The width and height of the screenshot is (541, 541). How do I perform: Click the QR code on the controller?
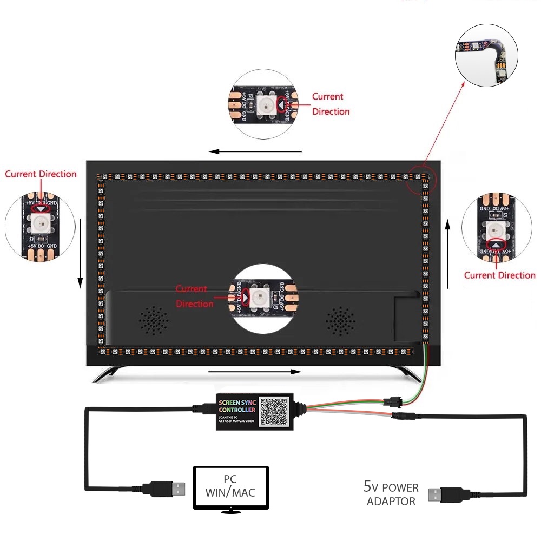(274, 412)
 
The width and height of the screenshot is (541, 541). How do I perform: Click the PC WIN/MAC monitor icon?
(231, 487)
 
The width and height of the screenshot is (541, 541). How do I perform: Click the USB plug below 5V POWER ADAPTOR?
(444, 494)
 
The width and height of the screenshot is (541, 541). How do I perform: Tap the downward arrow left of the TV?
(80, 253)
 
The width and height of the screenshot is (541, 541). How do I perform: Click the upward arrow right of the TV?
(448, 253)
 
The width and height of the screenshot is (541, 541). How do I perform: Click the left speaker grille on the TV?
(153, 320)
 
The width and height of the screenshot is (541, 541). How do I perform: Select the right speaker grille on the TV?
(340, 321)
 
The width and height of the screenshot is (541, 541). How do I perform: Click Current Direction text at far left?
(41, 174)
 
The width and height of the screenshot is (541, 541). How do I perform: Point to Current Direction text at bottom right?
(499, 275)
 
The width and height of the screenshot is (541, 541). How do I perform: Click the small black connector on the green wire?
(390, 401)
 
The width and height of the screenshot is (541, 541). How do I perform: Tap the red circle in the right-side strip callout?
(496, 245)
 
